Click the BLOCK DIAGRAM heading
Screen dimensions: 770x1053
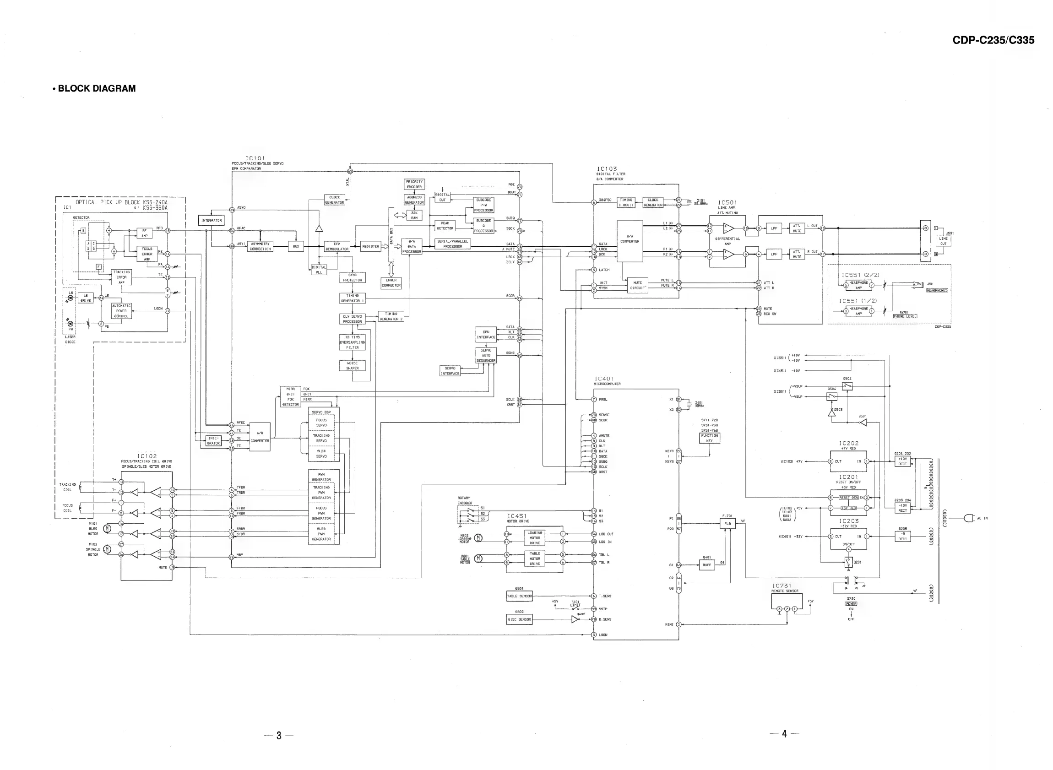click(97, 88)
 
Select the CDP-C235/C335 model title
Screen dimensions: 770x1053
click(993, 40)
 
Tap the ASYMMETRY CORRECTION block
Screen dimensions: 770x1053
click(260, 247)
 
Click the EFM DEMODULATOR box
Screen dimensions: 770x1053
click(337, 247)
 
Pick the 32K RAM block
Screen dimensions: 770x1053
click(414, 215)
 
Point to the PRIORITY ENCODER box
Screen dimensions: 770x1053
click(414, 184)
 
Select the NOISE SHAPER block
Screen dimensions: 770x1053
click(352, 366)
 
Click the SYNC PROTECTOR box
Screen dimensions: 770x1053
click(352, 278)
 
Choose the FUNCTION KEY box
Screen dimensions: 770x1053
click(709, 438)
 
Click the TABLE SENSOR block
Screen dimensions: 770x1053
click(519, 596)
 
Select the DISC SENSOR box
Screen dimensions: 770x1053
click(519, 619)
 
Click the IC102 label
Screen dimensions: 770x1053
click(147, 456)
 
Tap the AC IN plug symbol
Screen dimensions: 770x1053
click(968, 518)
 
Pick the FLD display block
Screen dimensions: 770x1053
click(727, 523)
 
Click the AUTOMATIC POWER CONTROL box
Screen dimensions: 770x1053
click(121, 311)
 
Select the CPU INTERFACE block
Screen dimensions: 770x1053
click(486, 335)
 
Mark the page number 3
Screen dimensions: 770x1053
click(279, 736)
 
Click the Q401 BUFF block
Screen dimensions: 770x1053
click(707, 565)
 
